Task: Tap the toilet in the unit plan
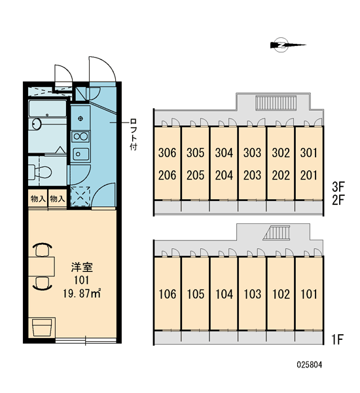39,172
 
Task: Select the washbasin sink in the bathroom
36,124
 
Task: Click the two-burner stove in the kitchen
80,137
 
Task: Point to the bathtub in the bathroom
47,109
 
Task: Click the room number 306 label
167,153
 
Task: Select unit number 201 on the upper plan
309,175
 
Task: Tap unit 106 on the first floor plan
168,294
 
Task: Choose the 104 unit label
224,294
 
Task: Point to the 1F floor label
337,339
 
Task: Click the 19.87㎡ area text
82,293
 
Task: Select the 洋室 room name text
82,267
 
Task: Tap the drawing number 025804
310,365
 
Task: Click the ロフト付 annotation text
134,134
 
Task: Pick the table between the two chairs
41,267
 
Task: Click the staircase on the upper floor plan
276,103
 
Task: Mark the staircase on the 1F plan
276,233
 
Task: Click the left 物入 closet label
38,199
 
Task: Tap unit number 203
252,175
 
